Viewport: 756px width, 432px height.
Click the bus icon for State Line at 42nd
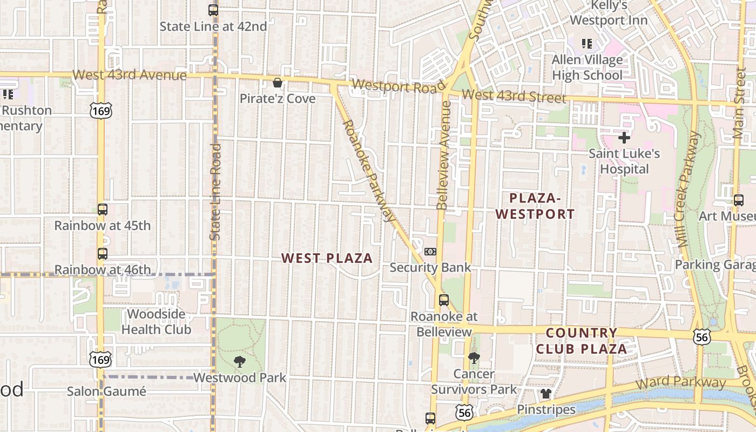[213, 10]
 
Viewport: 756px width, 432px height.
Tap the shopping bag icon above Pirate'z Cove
[278, 83]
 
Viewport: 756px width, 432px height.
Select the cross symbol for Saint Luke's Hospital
[624, 138]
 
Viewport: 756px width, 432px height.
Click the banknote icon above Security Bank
[430, 252]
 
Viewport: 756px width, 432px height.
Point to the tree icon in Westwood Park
[240, 362]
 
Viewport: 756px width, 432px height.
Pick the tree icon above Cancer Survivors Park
[474, 357]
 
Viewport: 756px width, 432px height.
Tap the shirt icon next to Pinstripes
[546, 394]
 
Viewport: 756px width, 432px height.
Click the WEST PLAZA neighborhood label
[327, 258]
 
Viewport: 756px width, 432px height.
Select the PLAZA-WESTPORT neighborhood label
[535, 206]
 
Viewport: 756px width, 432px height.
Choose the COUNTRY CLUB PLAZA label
[582, 341]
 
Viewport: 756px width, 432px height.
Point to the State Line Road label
[215, 192]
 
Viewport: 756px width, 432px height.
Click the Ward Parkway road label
[680, 384]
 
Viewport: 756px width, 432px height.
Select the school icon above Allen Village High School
[586, 44]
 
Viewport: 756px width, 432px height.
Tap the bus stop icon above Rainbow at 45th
[103, 210]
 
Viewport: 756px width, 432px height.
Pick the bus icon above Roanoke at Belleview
[444, 300]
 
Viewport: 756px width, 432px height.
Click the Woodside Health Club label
[156, 322]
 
